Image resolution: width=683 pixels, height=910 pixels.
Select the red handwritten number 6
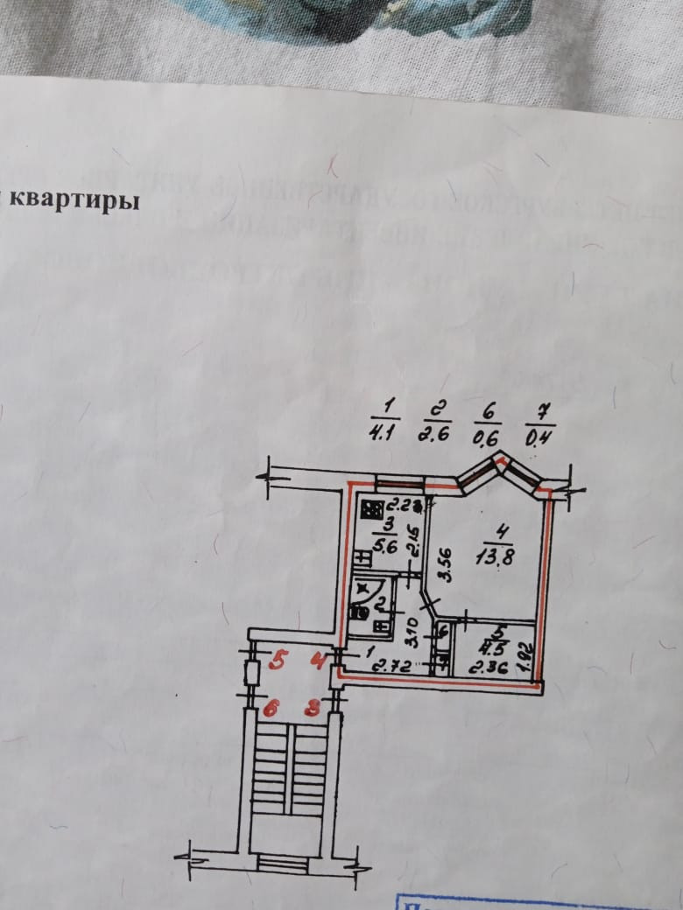pos(271,709)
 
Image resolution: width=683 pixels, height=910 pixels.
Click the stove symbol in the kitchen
pos(370,509)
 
